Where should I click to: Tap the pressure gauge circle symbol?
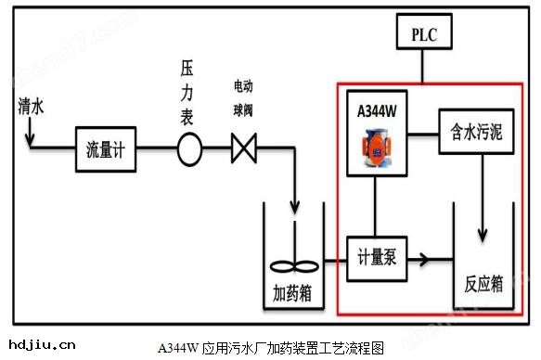point(189,150)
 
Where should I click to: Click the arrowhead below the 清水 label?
point(29,143)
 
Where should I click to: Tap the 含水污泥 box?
point(470,132)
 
